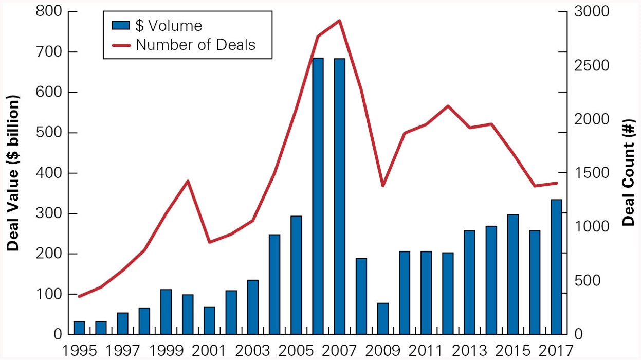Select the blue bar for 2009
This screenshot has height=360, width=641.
click(x=383, y=319)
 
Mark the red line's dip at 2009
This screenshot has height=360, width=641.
click(x=383, y=186)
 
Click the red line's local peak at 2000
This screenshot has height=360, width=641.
click(x=188, y=181)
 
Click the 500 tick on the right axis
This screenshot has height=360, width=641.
click(x=583, y=281)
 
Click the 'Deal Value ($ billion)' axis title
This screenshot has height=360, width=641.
click(x=12, y=173)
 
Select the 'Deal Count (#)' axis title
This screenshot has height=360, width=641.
click(x=628, y=173)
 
